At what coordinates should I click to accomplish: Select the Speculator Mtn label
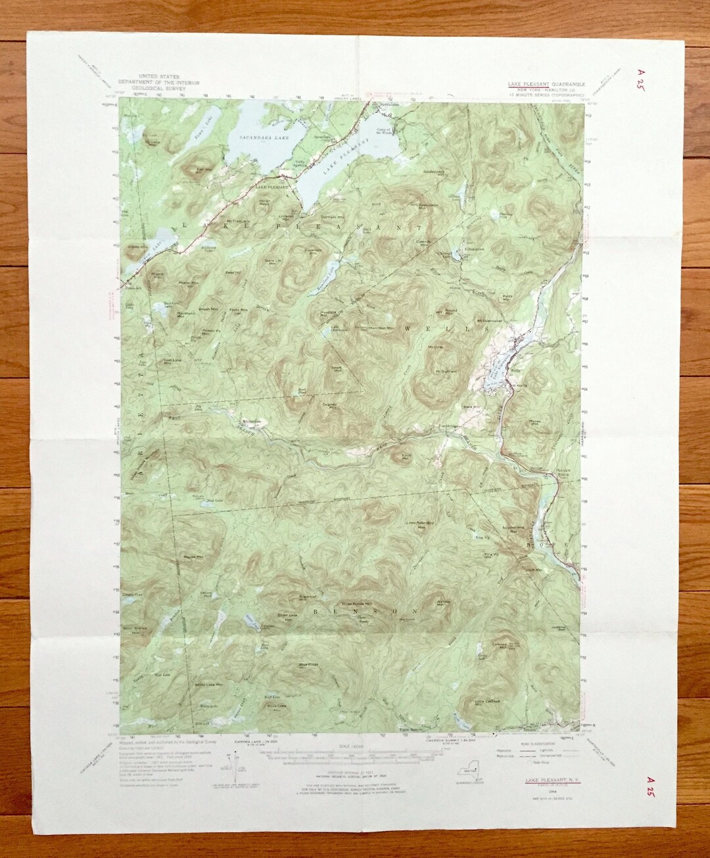tap(431, 204)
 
